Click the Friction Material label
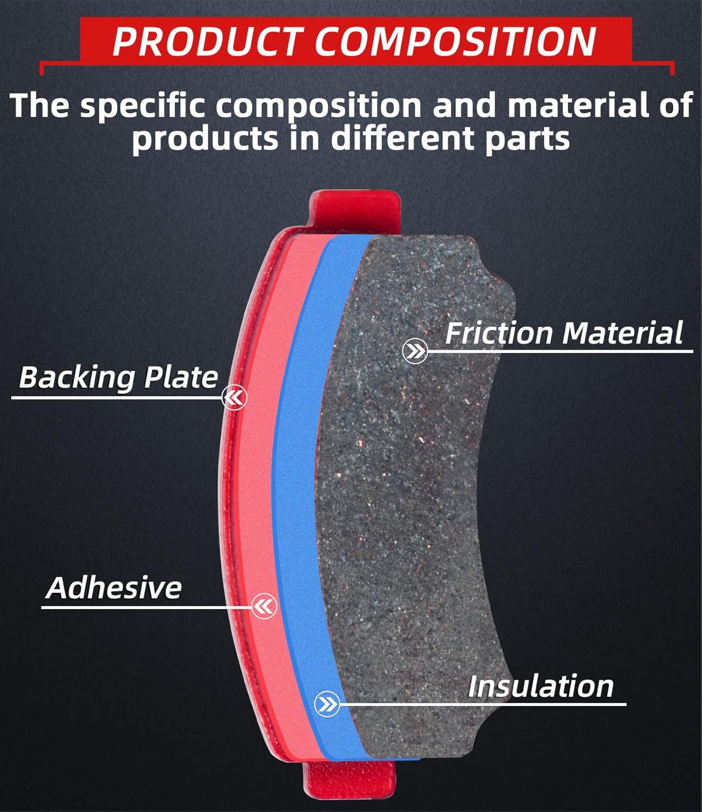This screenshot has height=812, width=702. coord(564,332)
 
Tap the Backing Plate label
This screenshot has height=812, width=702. coord(118,377)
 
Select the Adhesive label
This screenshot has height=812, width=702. coord(114,587)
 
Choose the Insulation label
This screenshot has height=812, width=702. coord(540,686)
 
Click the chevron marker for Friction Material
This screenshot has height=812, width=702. coord(415,352)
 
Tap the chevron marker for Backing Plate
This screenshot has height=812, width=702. coord(234,398)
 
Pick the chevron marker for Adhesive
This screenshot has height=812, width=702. coord(264,607)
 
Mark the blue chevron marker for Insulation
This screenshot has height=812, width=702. coord(327,704)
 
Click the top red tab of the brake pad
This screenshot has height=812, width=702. coord(354,209)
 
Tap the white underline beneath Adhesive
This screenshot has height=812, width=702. coord(146,607)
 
